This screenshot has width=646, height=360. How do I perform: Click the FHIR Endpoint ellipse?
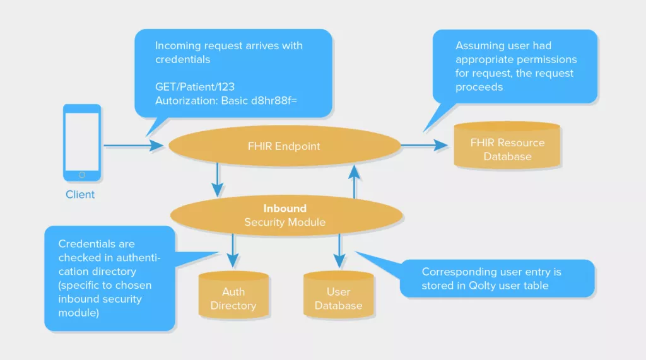coord(285,146)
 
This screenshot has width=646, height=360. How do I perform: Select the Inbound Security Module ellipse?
coord(286,216)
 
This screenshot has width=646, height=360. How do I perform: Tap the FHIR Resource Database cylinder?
coord(507,145)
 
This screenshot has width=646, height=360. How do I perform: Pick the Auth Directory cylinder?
coord(233,295)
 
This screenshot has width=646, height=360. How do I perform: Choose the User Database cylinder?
coord(339,295)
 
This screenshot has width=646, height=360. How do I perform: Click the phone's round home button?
coord(82,175)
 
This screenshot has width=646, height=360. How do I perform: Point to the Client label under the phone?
coord(80,194)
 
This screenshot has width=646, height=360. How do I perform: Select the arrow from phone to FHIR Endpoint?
coord(134,146)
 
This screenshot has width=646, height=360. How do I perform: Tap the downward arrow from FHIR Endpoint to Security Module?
coord(218,180)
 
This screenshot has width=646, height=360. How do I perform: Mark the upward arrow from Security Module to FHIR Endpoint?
coord(355,181)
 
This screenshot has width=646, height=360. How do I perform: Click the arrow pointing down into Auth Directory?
coord(233,251)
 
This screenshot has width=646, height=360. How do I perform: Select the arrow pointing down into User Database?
coord(339,251)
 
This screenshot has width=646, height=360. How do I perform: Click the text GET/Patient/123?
coord(195,87)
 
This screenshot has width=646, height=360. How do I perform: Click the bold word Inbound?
coord(285,209)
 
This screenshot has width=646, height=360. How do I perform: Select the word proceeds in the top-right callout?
coord(479,88)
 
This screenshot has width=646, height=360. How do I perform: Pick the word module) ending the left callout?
coord(79,313)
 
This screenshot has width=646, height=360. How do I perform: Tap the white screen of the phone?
coord(82,142)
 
